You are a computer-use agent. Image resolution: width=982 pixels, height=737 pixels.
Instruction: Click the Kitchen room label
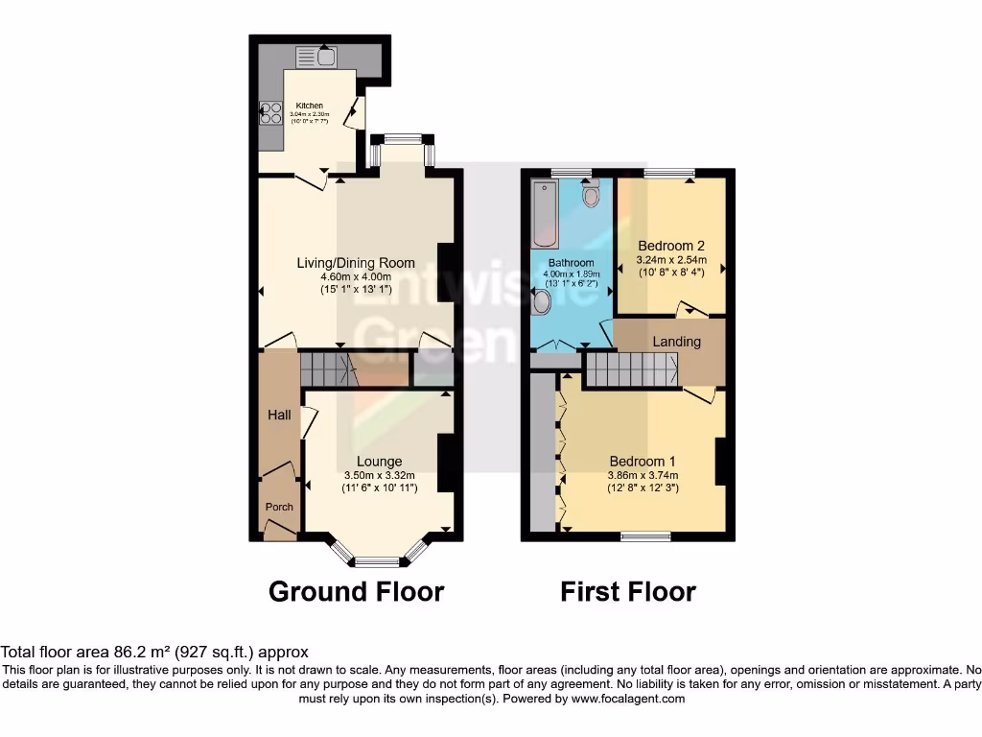309,106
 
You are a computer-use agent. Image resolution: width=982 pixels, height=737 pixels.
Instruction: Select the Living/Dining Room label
356,263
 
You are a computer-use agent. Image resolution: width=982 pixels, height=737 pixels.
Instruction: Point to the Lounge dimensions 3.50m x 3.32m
380,475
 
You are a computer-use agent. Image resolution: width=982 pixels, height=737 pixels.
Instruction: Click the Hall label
278,415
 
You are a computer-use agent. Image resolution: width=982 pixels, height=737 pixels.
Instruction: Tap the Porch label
279,507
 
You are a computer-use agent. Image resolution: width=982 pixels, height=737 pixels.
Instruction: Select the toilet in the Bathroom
591,195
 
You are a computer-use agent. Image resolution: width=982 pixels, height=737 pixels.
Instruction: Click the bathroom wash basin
540,303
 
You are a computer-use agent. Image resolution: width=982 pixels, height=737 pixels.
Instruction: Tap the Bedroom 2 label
671,246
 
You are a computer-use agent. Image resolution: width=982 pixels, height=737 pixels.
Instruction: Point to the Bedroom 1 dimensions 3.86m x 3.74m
643,475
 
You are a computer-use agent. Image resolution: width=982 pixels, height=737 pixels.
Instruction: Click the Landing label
676,342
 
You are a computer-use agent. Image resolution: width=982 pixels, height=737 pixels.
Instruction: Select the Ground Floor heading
356,591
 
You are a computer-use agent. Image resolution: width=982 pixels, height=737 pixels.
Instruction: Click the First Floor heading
628,591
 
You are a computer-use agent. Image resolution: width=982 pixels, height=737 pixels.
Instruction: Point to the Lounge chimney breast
446,464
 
